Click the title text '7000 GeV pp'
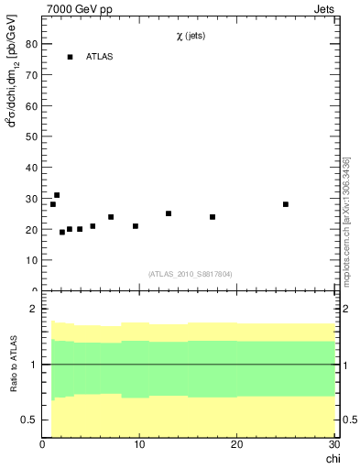pyautogui.click(x=72, y=10)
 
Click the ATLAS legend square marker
pyautogui.click(x=70, y=57)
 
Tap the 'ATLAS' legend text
pyautogui.click(x=101, y=57)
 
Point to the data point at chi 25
pyautogui.click(x=286, y=204)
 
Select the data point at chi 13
pyautogui.click(x=169, y=213)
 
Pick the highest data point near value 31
pyautogui.click(x=57, y=195)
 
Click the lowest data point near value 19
pyautogui.click(x=62, y=232)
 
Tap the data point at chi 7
pyautogui.click(x=111, y=217)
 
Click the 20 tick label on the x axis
pyautogui.click(x=236, y=445)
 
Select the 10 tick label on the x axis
pyautogui.click(x=139, y=445)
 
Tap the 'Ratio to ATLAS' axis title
pyautogui.click(x=13, y=365)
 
